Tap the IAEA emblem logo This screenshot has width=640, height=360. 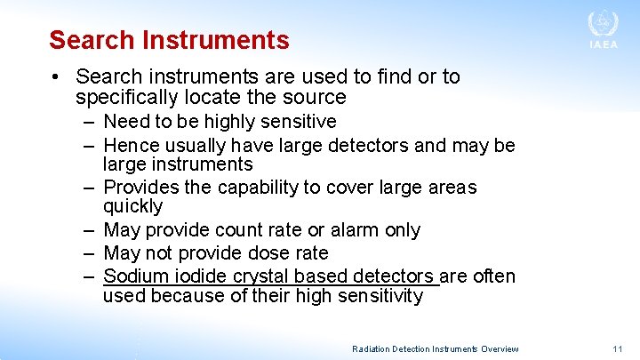coord(603,22)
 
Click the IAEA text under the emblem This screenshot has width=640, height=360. coord(603,45)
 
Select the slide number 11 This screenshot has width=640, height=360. coord(619,349)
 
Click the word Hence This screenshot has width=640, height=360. coord(129,145)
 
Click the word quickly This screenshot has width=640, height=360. coord(132,207)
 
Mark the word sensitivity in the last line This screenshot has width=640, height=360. coord(380,296)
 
